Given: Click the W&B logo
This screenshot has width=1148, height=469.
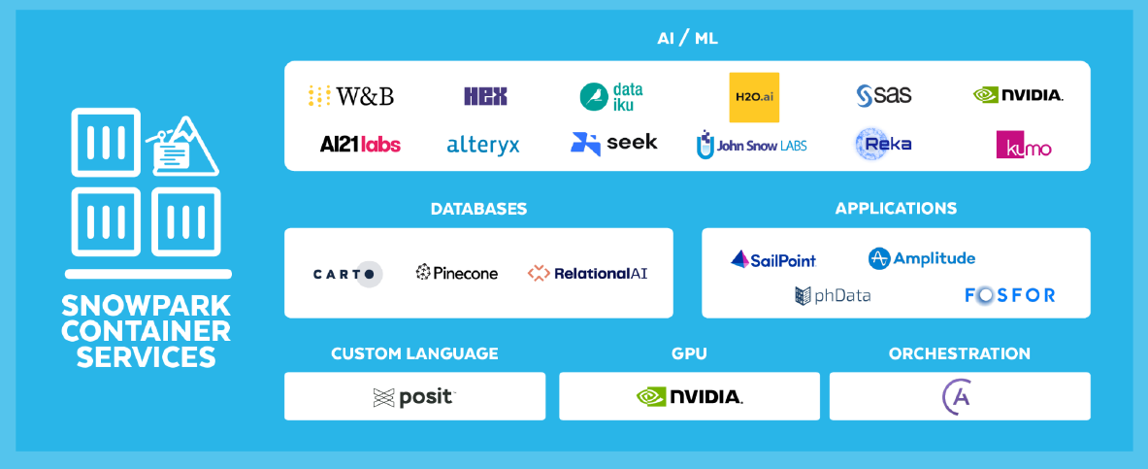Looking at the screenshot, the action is point(350,96).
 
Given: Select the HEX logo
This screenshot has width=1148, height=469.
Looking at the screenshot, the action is point(485,96).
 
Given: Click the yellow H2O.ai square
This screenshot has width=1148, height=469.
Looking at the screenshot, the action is point(754,97).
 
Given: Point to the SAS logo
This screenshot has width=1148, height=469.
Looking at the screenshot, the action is point(884,95).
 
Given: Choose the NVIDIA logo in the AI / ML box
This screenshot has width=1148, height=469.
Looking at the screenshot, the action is point(1018,95).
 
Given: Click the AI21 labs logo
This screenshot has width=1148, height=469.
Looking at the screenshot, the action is point(360,145).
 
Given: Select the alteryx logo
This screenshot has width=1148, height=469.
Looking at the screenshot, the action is point(483,145).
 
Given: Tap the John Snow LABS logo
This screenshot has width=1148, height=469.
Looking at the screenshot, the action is point(751,145).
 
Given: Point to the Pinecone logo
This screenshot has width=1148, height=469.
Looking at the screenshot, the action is point(457,273).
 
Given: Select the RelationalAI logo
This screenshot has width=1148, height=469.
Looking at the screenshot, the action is point(587,273).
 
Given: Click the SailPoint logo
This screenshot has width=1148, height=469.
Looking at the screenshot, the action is point(773,259).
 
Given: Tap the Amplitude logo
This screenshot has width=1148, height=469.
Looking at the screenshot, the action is point(922,258).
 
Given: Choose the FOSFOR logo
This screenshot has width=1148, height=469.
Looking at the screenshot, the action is point(1009,295).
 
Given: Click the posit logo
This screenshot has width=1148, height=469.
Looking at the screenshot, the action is point(414,398).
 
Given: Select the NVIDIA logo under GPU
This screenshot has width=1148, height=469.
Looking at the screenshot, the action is point(690,397).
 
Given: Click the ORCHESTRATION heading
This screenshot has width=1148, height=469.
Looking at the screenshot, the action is point(959,354).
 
